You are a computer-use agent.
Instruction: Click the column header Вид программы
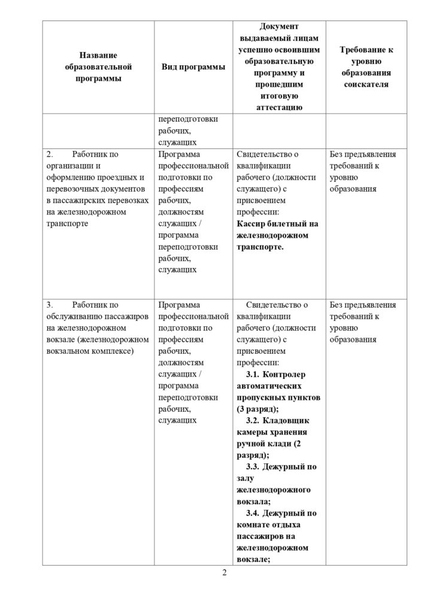[193, 67]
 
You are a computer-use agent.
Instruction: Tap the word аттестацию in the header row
[273, 107]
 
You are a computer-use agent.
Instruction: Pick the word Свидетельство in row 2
[263, 154]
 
